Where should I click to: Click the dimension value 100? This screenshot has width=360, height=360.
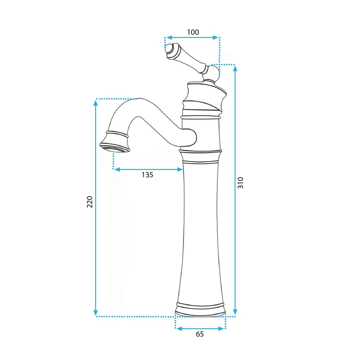(193, 32)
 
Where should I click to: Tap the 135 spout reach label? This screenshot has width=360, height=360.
(147, 175)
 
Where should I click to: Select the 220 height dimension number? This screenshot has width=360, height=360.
(90, 202)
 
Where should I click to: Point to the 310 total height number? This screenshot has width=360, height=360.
(240, 183)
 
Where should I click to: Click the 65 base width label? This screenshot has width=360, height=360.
(200, 334)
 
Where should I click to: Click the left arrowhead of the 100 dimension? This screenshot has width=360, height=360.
(169, 37)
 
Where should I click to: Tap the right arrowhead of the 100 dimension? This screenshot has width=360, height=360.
(215, 37)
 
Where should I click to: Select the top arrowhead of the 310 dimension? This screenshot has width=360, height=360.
(235, 68)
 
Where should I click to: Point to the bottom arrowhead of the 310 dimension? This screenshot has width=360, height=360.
(235, 312)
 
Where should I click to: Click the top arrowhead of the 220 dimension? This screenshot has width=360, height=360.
(96, 103)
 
